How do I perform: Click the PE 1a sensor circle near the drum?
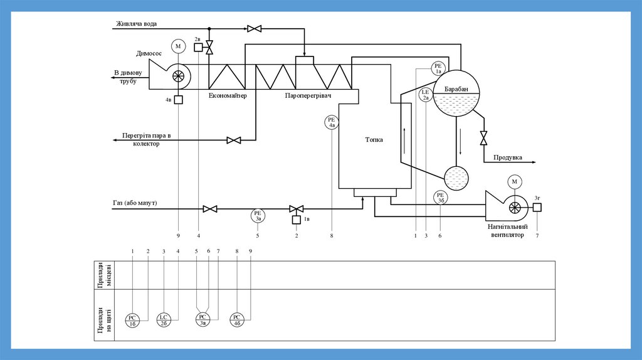click(438, 68)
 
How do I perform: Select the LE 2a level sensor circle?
click(426, 95)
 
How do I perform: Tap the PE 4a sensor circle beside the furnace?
click(332, 122)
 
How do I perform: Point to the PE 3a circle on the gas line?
click(258, 216)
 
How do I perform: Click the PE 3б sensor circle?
click(441, 198)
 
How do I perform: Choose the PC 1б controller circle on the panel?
click(132, 320)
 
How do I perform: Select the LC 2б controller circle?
click(164, 320)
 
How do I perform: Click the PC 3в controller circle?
click(203, 319)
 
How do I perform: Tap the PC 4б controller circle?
click(236, 320)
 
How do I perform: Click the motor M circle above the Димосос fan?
click(178, 46)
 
